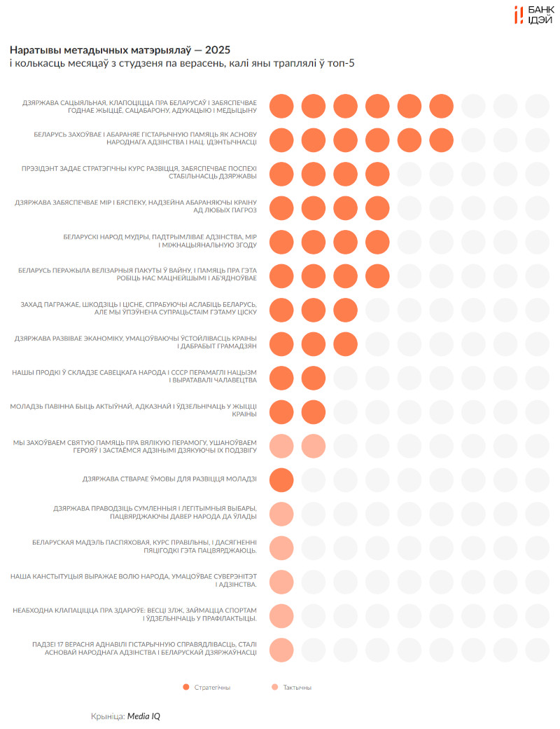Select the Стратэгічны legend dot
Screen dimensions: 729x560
185,687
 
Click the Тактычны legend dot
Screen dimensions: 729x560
274,687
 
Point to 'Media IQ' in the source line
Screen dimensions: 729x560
144,716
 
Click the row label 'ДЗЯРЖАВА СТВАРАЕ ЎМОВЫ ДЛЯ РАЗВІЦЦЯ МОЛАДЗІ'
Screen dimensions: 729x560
169,479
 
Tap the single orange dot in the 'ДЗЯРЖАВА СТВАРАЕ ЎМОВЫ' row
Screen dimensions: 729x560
281,479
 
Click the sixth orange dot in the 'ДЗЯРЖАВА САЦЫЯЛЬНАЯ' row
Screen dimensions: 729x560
441,107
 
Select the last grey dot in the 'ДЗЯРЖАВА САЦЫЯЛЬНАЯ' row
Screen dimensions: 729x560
538,107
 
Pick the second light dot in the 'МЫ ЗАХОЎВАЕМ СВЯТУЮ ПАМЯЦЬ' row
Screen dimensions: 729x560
314,446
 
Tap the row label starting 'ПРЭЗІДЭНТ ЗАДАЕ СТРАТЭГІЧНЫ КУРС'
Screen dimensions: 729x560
140,172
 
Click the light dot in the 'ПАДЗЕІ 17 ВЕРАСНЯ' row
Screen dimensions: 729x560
281,649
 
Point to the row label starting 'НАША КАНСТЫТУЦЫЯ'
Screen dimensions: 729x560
134,580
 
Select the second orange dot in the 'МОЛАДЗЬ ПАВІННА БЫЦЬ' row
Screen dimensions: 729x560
314,411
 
